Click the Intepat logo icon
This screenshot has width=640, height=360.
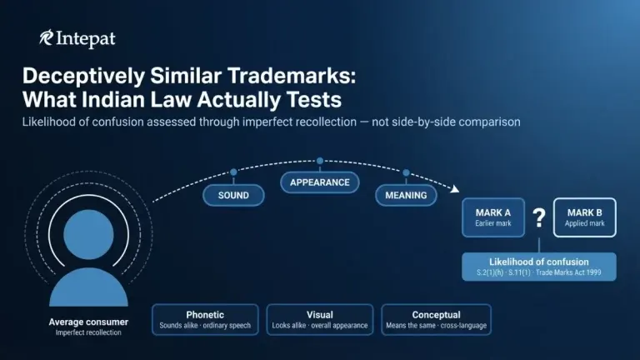46,37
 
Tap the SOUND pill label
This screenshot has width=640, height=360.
233,195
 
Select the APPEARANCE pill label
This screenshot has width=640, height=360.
320,182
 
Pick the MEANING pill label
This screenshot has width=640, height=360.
406,195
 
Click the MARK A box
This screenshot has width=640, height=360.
493,217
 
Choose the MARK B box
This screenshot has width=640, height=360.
584,217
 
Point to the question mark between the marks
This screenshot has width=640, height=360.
539,218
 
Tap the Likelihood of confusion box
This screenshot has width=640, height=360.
539,267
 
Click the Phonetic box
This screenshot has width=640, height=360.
205,320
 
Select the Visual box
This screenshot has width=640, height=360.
320,320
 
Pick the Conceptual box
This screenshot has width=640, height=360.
436,320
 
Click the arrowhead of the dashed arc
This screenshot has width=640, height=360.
455,188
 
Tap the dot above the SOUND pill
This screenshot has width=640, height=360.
233,172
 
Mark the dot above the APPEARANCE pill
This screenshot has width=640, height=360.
320,161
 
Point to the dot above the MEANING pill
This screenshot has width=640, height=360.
406,173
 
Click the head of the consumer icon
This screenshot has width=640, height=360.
88,235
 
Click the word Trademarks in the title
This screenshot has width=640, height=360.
292,76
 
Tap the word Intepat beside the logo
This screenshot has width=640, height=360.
86,39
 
